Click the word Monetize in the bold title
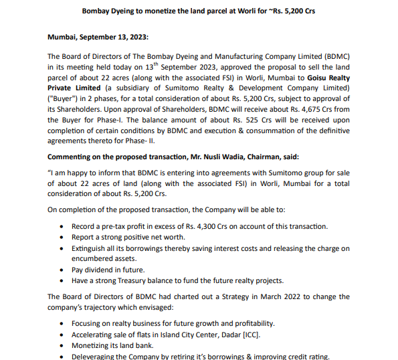[x=175, y=11]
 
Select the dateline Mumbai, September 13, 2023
[x=98, y=39]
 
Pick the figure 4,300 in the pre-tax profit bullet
[x=200, y=227]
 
